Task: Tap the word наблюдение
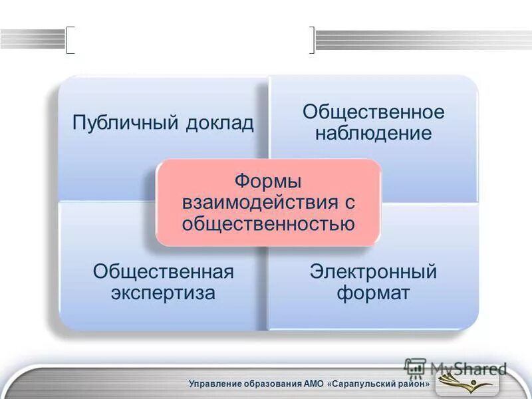click(373, 133)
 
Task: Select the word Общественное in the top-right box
click(373, 111)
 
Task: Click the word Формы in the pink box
click(268, 180)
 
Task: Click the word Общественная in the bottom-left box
click(164, 271)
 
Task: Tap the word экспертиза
click(164, 293)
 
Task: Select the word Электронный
click(373, 271)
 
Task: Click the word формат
click(373, 293)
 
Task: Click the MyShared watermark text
click(465, 368)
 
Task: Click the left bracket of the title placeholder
click(70, 40)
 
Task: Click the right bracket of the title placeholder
click(311, 40)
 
